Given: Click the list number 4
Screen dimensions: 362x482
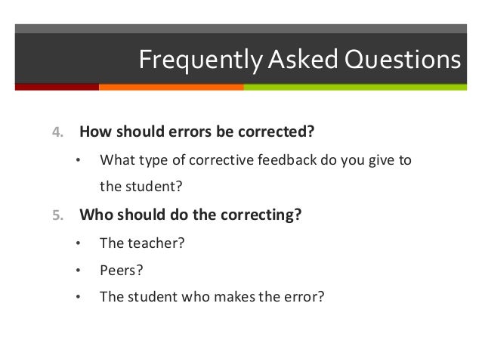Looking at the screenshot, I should [57, 132].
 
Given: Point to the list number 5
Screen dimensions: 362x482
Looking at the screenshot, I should [57, 215].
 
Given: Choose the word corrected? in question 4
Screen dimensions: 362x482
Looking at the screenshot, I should [274, 132].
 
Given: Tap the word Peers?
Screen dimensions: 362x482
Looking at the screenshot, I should [121, 269].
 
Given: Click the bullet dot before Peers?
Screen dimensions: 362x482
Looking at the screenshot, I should [77, 270].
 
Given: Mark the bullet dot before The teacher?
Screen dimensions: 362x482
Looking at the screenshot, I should [77, 244].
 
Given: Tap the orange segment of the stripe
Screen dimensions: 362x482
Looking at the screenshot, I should [171, 87].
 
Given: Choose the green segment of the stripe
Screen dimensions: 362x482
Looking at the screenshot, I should [355, 87].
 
